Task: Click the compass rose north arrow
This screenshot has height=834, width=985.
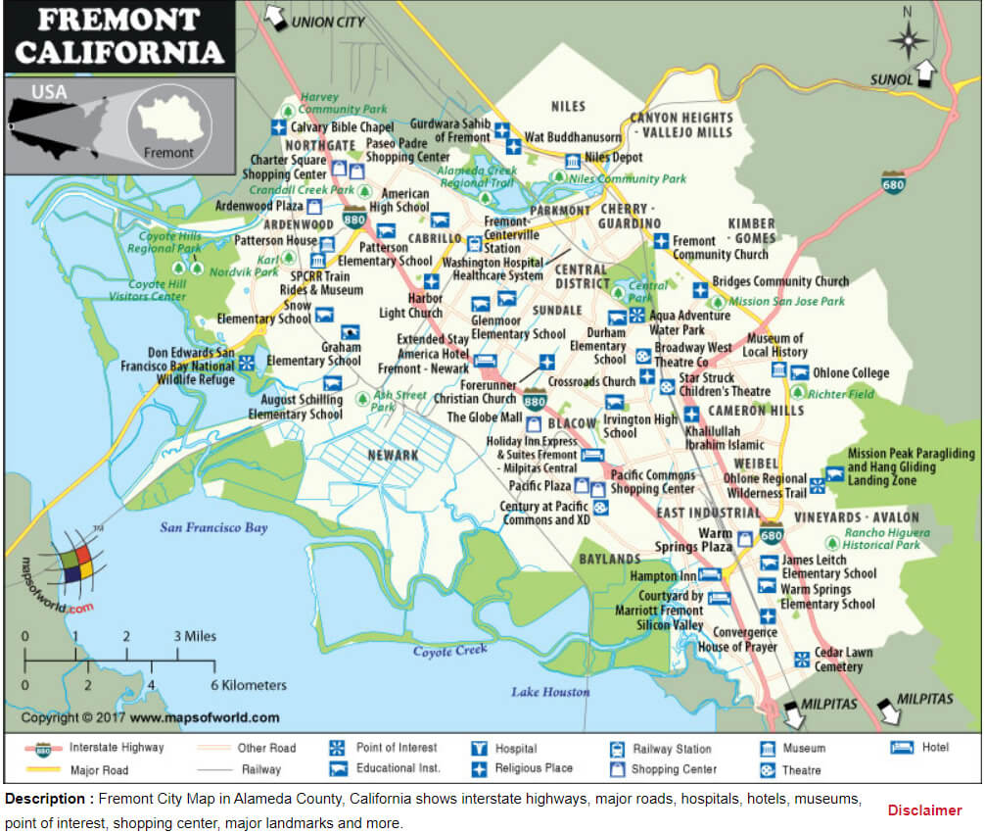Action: pyautogui.click(x=908, y=39)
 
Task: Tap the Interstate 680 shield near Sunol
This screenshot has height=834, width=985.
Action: pyautogui.click(x=892, y=182)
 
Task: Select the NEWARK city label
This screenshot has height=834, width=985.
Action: pyautogui.click(x=393, y=455)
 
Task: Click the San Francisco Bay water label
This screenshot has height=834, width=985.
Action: pyautogui.click(x=213, y=528)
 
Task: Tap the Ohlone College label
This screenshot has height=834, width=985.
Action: pyautogui.click(x=852, y=372)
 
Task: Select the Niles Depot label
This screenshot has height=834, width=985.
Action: pyautogui.click(x=614, y=158)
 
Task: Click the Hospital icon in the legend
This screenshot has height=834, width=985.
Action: pyautogui.click(x=479, y=749)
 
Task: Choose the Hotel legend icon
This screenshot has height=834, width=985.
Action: pyautogui.click(x=902, y=748)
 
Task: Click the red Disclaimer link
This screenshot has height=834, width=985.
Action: pyautogui.click(x=924, y=810)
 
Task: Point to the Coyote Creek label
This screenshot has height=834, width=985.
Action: pyautogui.click(x=449, y=651)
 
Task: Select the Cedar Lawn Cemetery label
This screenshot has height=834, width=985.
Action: pyautogui.click(x=843, y=660)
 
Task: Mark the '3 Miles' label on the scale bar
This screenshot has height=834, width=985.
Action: pyautogui.click(x=196, y=636)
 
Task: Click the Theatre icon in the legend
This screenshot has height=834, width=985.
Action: pyautogui.click(x=767, y=770)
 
